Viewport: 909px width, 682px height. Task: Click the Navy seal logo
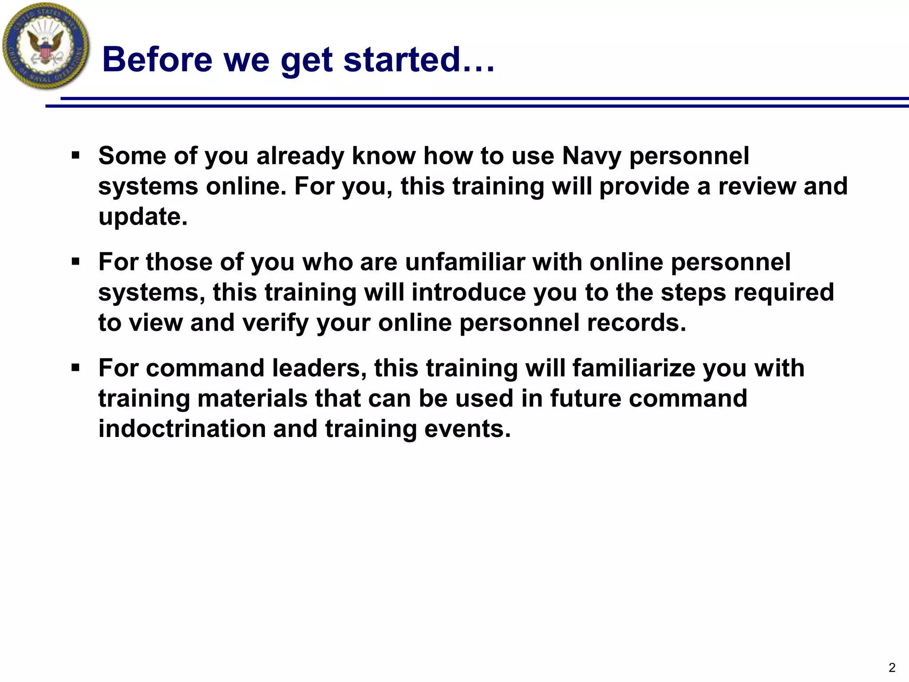click(x=46, y=46)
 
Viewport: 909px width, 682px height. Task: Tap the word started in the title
click(x=402, y=59)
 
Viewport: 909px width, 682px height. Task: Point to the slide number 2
click(x=892, y=667)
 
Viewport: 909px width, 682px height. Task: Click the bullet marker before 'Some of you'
click(x=75, y=156)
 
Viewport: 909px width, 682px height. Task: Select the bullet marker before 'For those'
click(x=75, y=262)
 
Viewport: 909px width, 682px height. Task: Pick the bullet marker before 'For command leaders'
click(x=75, y=368)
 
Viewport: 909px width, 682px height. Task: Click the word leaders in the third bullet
click(x=316, y=368)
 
